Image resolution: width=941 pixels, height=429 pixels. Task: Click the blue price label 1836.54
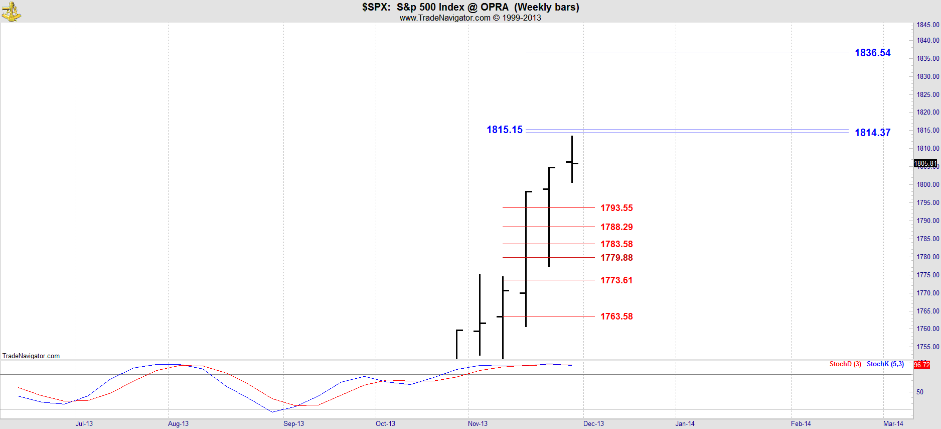[x=872, y=53]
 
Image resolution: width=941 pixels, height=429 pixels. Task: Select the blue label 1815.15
[x=504, y=130]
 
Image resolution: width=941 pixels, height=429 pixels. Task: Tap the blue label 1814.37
[x=872, y=133]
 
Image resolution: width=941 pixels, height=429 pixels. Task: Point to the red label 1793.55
[x=616, y=208]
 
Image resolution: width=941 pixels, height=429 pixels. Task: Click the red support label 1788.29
[x=616, y=227]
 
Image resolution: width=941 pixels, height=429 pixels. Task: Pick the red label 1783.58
[x=616, y=244]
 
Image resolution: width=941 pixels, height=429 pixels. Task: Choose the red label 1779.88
[x=616, y=258]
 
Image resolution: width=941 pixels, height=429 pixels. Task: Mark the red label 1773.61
[x=616, y=280]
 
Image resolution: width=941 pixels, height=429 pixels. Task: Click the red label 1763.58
[x=616, y=316]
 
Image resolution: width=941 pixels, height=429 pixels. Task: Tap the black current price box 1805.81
[x=925, y=163]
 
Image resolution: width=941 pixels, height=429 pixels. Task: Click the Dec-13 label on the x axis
[x=593, y=423]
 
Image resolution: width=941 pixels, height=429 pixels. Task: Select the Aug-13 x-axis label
[x=178, y=423]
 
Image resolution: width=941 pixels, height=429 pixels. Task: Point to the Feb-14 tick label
[x=801, y=423]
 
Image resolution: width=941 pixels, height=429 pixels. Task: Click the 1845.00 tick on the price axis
[x=927, y=25]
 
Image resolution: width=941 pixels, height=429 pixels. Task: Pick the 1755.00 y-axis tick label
[x=927, y=347]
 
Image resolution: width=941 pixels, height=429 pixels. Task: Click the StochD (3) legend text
[x=845, y=364]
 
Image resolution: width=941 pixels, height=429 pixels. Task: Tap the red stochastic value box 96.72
[x=922, y=365]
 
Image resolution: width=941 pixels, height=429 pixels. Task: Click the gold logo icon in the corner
[x=11, y=11]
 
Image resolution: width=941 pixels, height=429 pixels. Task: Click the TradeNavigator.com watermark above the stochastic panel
[x=31, y=356]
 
